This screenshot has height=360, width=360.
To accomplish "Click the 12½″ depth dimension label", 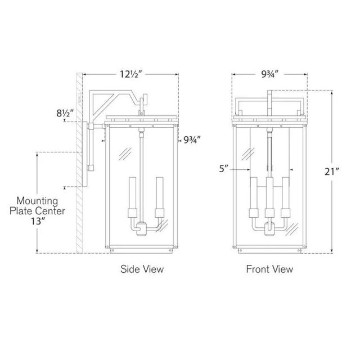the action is pyautogui.click(x=131, y=74).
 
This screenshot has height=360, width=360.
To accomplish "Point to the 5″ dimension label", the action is pyautogui.click(x=223, y=169).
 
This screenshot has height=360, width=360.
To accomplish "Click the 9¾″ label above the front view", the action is pyautogui.click(x=270, y=74).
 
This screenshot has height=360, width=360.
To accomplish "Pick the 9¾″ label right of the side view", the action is pyautogui.click(x=192, y=139).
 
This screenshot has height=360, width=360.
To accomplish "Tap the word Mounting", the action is pyautogui.click(x=37, y=201).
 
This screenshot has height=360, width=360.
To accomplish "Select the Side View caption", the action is pyautogui.click(x=142, y=269).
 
